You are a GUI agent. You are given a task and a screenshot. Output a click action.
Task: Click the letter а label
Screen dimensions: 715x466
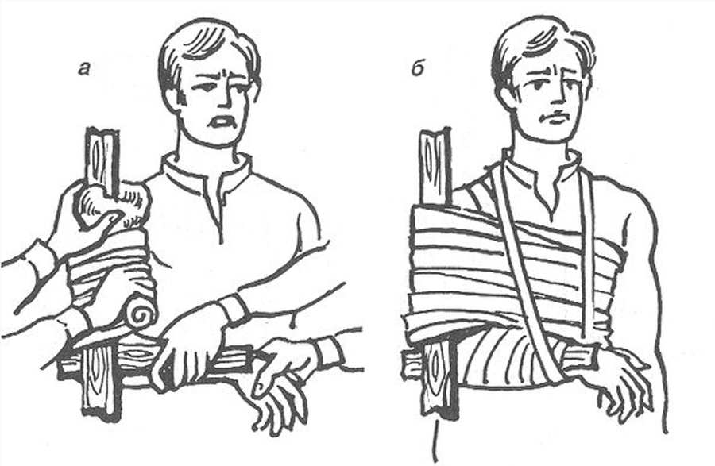[84, 69]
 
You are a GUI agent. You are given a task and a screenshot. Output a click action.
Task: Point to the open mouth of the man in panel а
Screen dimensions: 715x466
[222, 122]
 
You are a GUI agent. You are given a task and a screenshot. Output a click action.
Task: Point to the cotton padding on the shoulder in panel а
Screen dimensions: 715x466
[114, 206]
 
